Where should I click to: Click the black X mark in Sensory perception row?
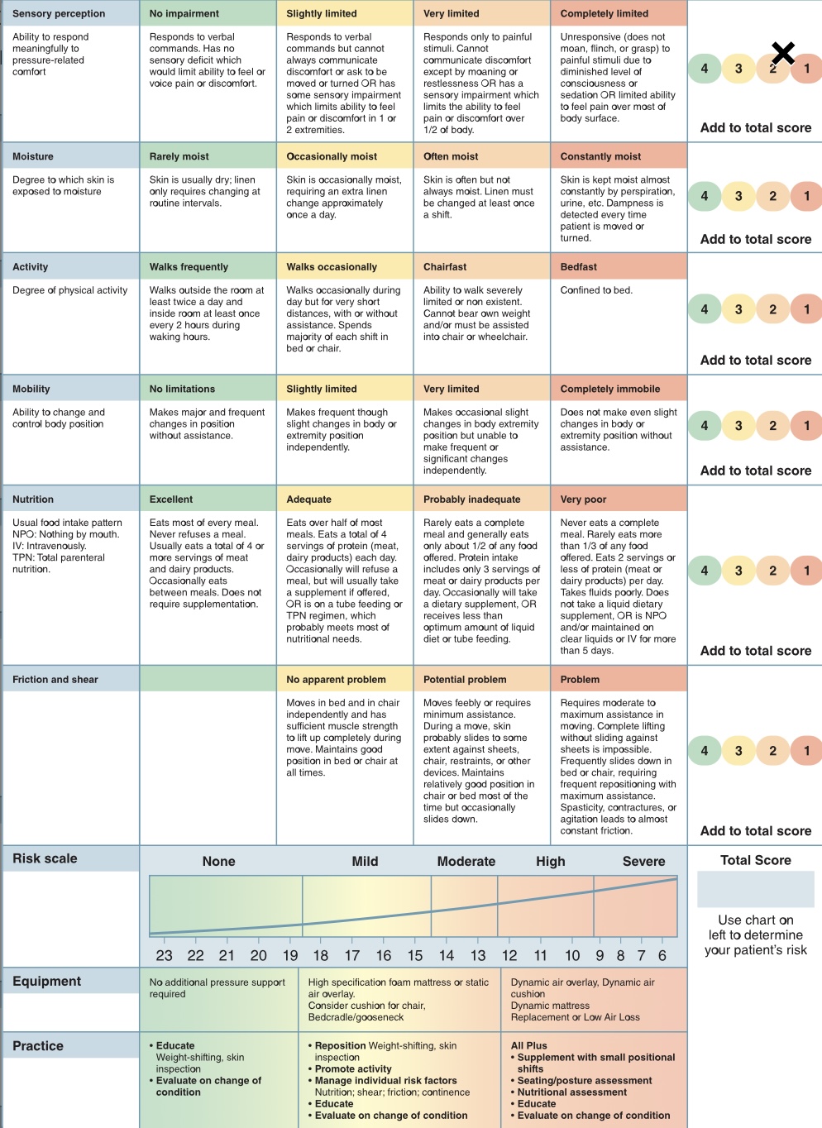click(782, 55)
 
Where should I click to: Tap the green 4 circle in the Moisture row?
click(705, 196)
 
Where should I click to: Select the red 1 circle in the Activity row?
click(807, 309)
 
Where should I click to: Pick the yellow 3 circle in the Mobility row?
click(738, 426)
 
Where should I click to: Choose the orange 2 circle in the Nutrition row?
click(773, 571)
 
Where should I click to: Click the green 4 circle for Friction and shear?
click(705, 751)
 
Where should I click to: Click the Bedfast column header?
click(579, 267)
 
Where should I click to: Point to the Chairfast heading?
click(445, 267)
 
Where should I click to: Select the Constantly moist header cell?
click(600, 156)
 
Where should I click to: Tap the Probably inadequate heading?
click(471, 499)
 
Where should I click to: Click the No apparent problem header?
click(336, 680)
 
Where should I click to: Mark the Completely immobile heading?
click(609, 389)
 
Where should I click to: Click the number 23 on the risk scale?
click(165, 956)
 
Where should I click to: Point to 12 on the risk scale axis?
click(509, 956)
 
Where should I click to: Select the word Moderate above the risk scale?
click(466, 862)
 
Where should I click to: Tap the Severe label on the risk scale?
click(643, 862)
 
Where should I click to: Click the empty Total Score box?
click(755, 889)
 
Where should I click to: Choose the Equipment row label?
click(47, 982)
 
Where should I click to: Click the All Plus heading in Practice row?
click(529, 1045)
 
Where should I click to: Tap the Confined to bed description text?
click(595, 290)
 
